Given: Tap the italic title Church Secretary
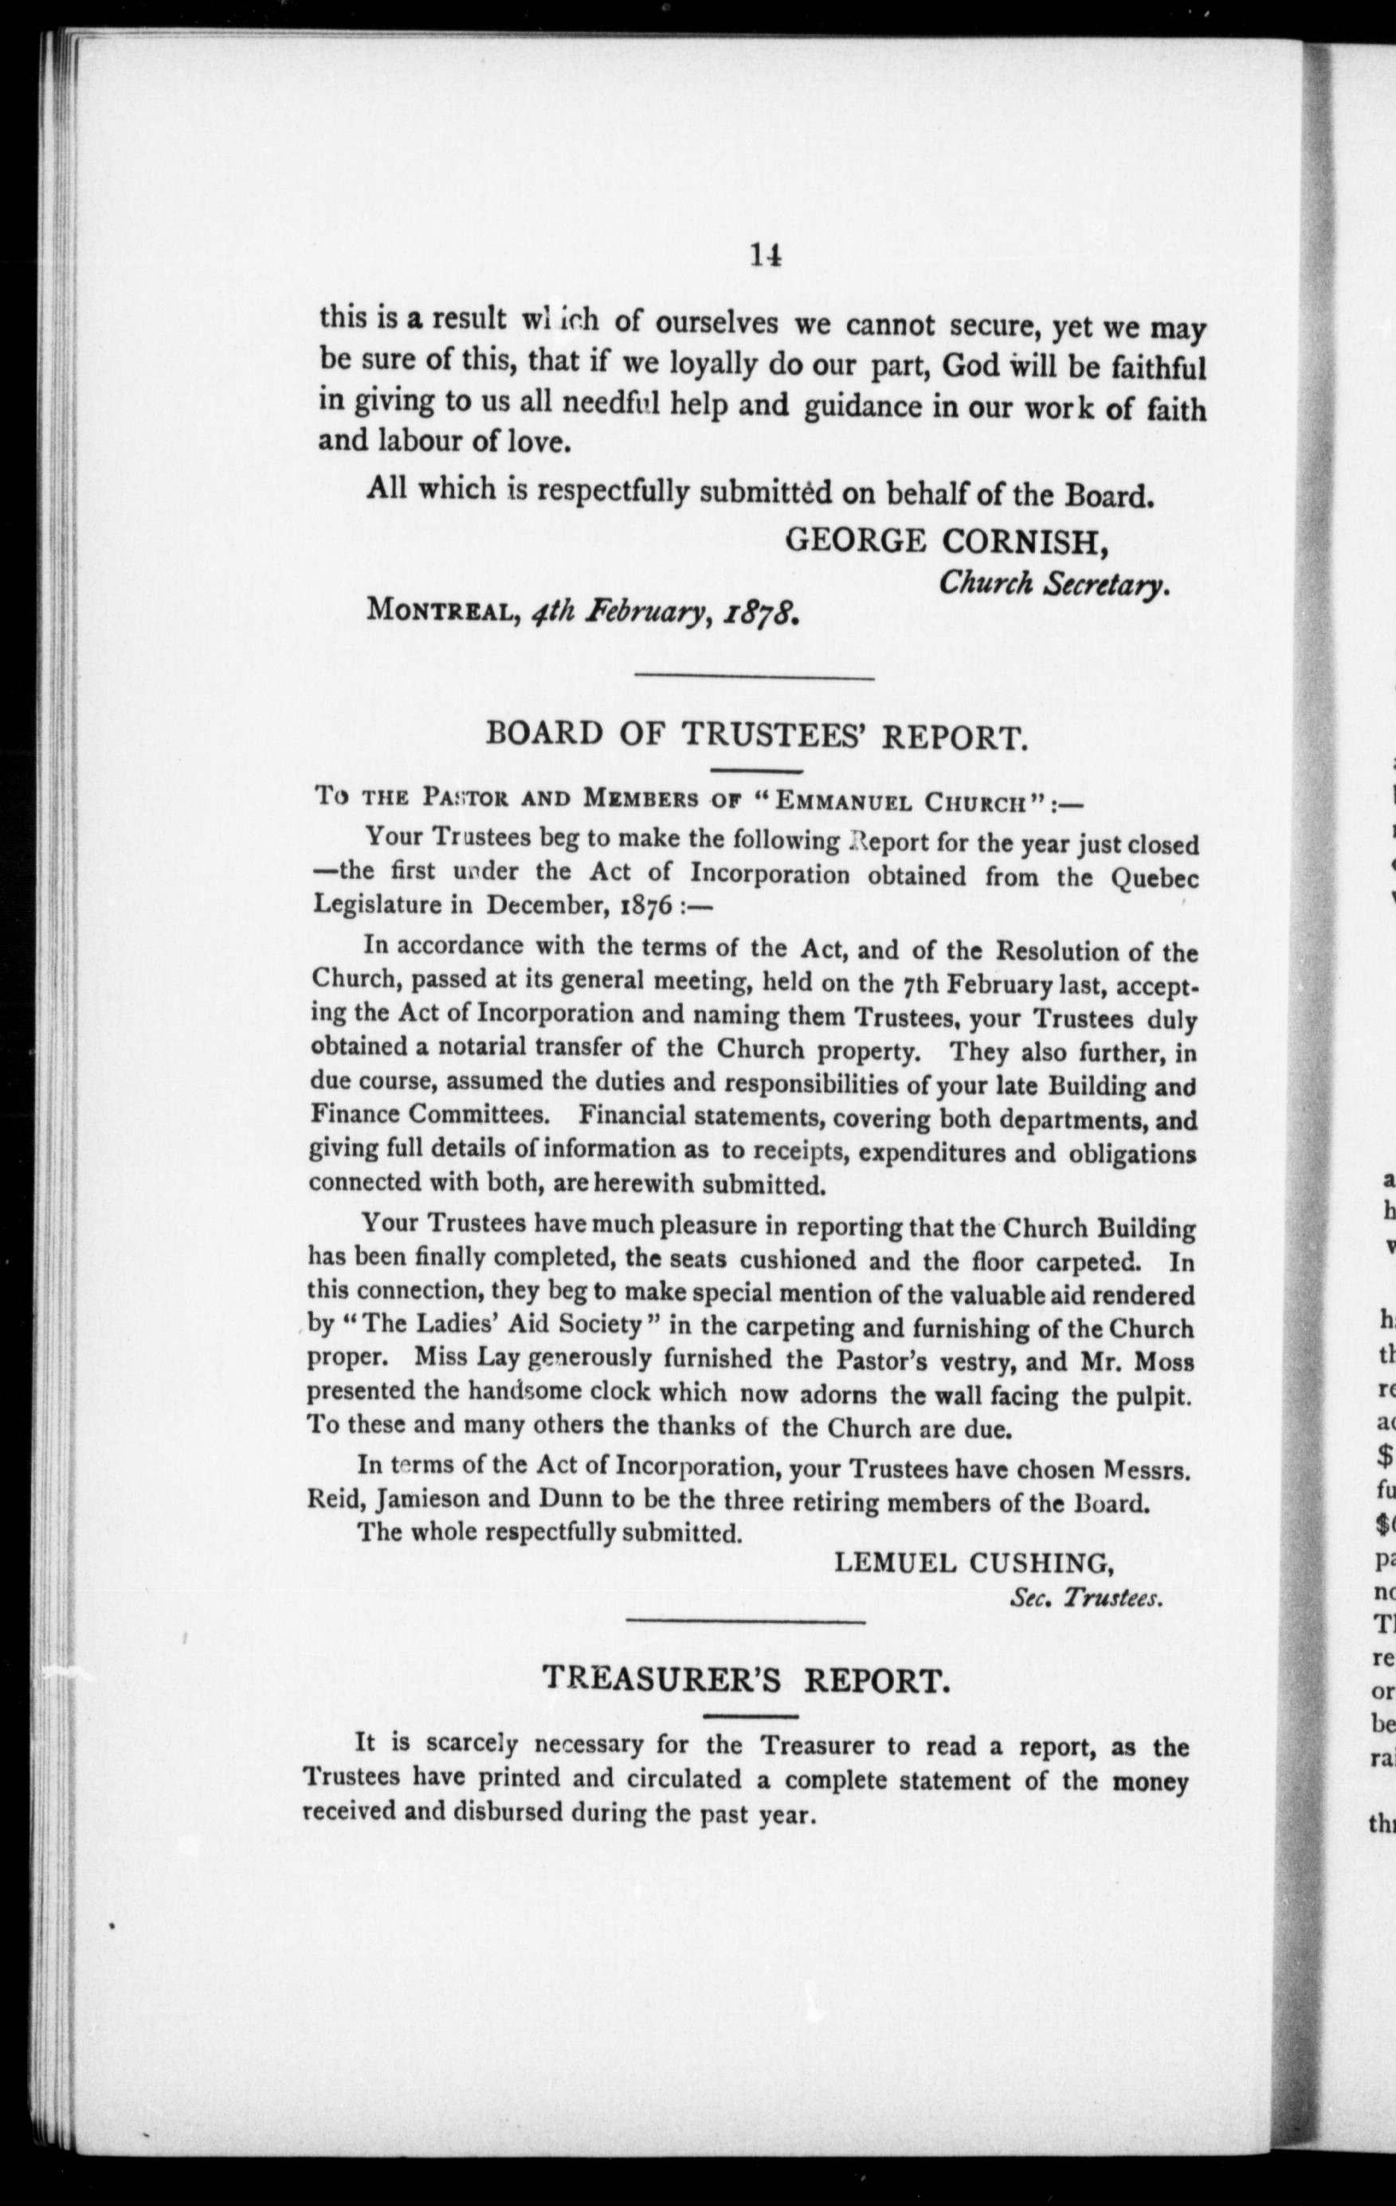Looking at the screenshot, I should click(1053, 583).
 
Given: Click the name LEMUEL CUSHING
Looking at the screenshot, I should click(973, 1563).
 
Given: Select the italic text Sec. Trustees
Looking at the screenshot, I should click(1085, 1599).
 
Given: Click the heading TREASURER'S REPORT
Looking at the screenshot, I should click(742, 1679).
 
